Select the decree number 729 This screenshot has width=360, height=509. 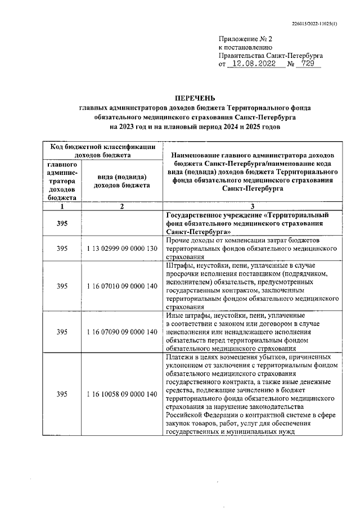(x=308, y=65)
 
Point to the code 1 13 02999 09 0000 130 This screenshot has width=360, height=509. (x=121, y=248)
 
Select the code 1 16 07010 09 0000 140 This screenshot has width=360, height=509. (x=121, y=286)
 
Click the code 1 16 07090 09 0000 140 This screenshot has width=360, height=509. (x=121, y=332)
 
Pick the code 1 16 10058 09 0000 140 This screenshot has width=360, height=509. (x=121, y=394)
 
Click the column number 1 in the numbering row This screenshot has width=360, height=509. (x=62, y=207)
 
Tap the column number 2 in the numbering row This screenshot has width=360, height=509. (x=121, y=207)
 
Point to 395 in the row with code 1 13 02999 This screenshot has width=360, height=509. (x=62, y=248)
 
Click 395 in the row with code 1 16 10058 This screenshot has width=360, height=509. (x=62, y=394)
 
